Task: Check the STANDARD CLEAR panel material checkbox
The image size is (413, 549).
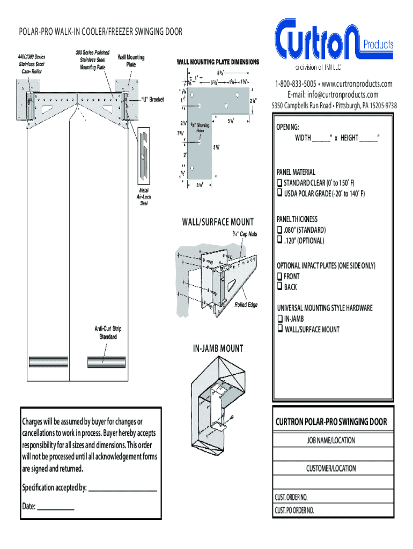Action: tap(279, 183)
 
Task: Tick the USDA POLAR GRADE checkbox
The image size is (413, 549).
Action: tap(279, 193)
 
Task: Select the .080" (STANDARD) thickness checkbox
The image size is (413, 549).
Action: tap(279, 230)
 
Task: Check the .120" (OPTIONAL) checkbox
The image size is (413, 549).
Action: tap(279, 240)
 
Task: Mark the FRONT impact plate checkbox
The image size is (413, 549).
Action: tap(279, 276)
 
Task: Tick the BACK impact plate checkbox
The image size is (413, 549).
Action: tap(279, 287)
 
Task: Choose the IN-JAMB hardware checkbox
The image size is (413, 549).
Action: tap(279, 318)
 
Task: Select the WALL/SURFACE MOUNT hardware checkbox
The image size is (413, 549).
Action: tap(279, 329)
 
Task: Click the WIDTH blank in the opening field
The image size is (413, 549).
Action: tap(321, 138)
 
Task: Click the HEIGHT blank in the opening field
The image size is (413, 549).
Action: tap(368, 138)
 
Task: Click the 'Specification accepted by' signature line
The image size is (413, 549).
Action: tap(122, 488)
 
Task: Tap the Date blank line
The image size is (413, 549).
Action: tap(55, 507)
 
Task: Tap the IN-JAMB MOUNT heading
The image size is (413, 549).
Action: tap(218, 349)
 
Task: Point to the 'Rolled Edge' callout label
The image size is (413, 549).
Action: tap(246, 305)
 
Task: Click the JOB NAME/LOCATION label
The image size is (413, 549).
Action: tap(331, 441)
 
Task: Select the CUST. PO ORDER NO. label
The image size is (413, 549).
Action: tap(294, 510)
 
